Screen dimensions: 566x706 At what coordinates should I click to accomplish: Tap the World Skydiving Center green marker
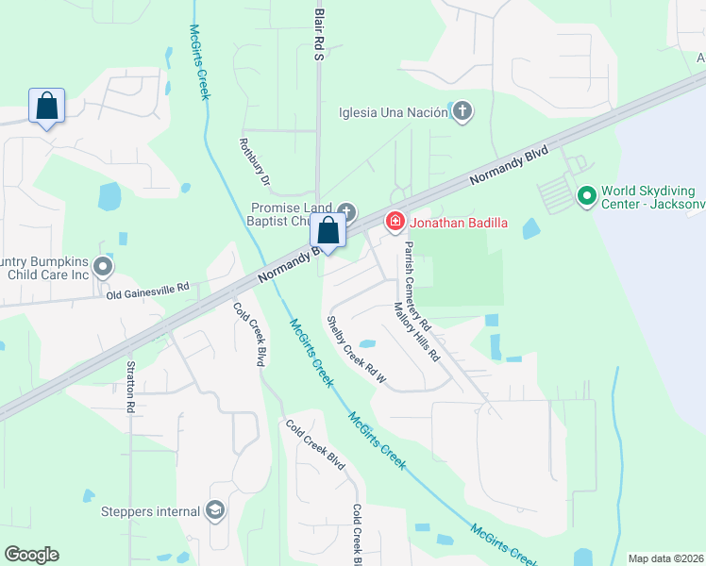(x=586, y=196)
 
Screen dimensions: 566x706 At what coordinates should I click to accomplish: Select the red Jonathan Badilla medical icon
(x=395, y=223)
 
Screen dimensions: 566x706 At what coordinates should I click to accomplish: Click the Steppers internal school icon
(x=215, y=511)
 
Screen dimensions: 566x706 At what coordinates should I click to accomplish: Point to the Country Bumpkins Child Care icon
(x=103, y=267)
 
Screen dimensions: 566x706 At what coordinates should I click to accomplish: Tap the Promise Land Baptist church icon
(x=346, y=211)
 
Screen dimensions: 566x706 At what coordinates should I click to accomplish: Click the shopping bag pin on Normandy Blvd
(x=328, y=231)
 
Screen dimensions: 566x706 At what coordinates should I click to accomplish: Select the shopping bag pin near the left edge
(x=46, y=107)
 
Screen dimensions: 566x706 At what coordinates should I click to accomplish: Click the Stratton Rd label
(x=130, y=386)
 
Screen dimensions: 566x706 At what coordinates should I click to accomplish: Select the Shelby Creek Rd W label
(x=357, y=349)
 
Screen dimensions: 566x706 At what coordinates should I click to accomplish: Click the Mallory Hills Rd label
(x=416, y=331)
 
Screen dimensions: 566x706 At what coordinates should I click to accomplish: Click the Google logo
(x=31, y=554)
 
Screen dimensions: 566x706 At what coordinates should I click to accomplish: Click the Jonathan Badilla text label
(x=459, y=224)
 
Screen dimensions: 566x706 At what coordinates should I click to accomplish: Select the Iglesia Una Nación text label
(x=393, y=113)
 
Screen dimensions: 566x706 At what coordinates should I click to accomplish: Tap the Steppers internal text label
(x=151, y=512)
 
